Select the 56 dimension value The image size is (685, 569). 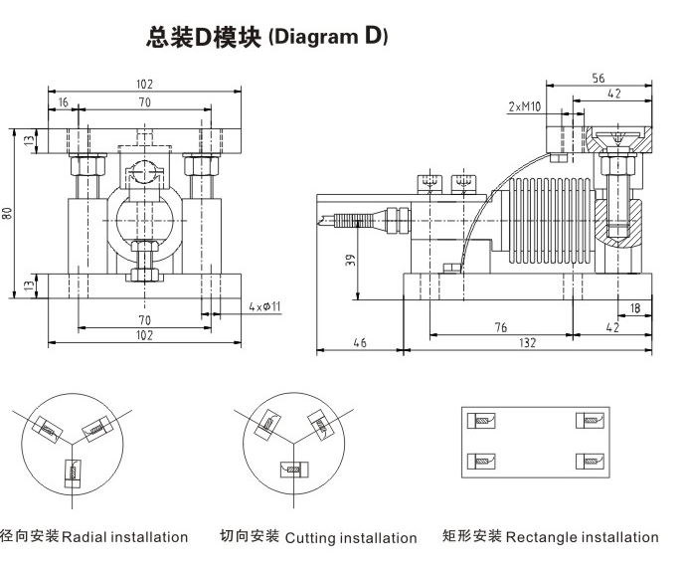pos(598,78)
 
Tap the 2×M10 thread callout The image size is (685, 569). pos(523,106)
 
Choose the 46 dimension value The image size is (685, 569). pos(359,342)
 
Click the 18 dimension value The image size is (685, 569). pos(634,308)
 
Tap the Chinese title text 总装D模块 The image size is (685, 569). pos(203,38)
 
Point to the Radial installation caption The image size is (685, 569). pos(124,537)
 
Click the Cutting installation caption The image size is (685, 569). pos(350,538)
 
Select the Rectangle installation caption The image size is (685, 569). pos(582,537)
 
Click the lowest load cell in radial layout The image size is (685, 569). pos(73,471)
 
